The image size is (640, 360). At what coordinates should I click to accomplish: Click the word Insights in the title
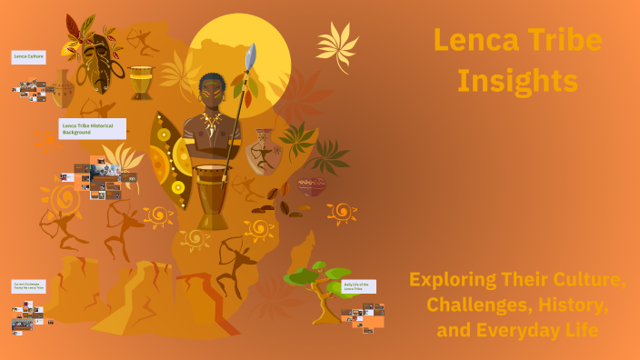(x=517, y=80)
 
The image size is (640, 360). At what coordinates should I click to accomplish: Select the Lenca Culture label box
(x=29, y=56)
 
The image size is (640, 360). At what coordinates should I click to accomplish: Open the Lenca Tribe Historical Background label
(x=92, y=128)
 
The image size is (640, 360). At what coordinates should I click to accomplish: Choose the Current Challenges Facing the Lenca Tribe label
(x=28, y=286)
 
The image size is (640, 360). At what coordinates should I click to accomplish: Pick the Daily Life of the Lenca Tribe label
(x=358, y=286)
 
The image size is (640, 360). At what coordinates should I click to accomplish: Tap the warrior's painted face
(x=211, y=90)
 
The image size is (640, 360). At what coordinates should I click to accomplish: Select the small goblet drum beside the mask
(x=141, y=82)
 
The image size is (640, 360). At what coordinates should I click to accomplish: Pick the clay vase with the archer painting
(x=265, y=151)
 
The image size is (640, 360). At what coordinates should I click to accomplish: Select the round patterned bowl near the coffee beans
(x=312, y=186)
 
